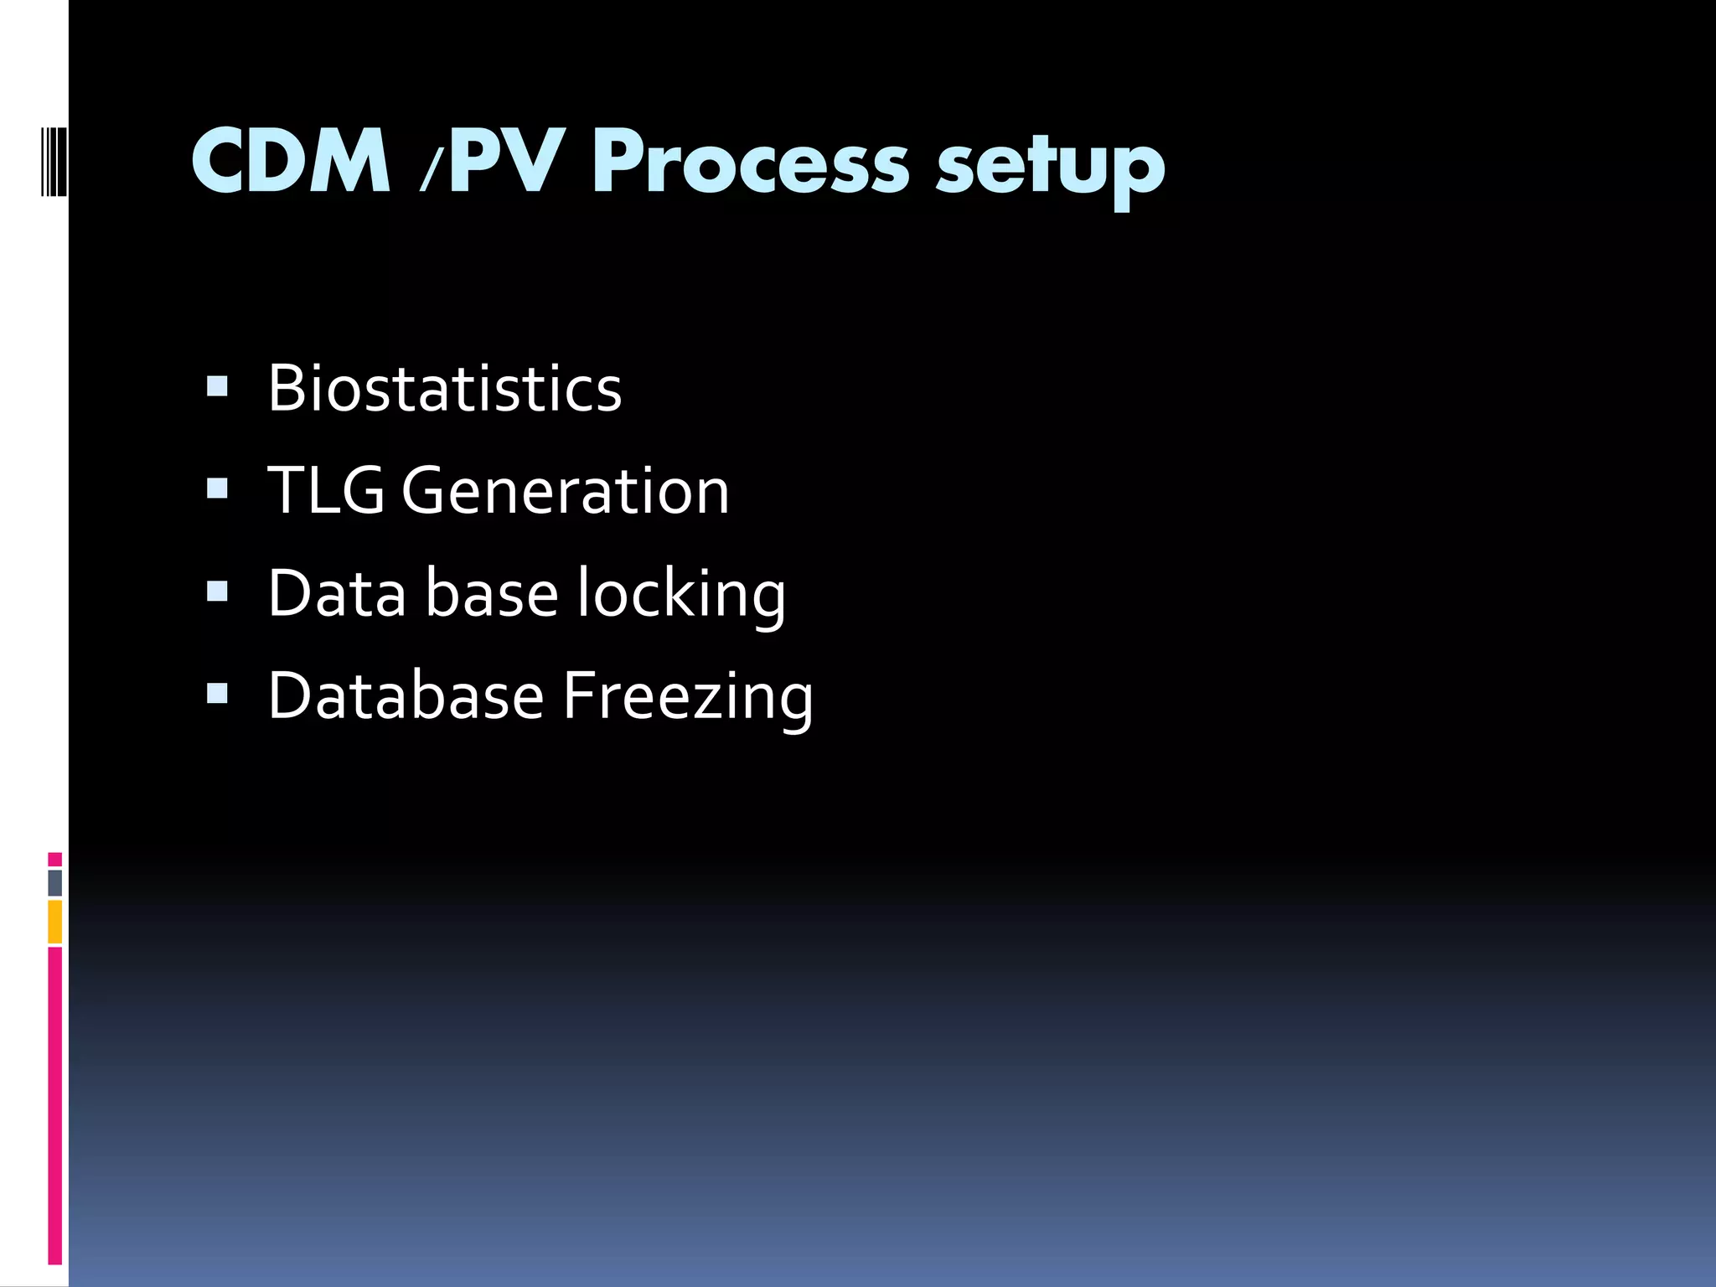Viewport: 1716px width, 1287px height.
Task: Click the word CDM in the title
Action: tap(291, 162)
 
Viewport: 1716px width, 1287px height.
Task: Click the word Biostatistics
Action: tap(445, 389)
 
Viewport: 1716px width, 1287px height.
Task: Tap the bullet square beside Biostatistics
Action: tap(217, 386)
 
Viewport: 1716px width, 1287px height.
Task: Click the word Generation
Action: tap(566, 491)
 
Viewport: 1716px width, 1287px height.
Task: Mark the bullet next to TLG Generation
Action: tap(217, 488)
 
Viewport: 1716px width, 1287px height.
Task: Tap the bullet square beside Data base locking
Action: tap(217, 592)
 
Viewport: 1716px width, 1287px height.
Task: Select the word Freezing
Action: tap(688, 699)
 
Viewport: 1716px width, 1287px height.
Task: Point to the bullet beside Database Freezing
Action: tap(217, 694)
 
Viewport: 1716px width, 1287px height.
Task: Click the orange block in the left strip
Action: tap(54, 922)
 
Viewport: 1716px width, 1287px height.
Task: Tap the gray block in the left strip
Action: tap(54, 883)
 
